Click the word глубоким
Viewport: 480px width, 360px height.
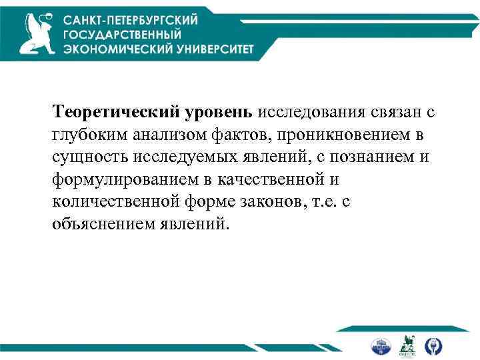(x=89, y=135)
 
